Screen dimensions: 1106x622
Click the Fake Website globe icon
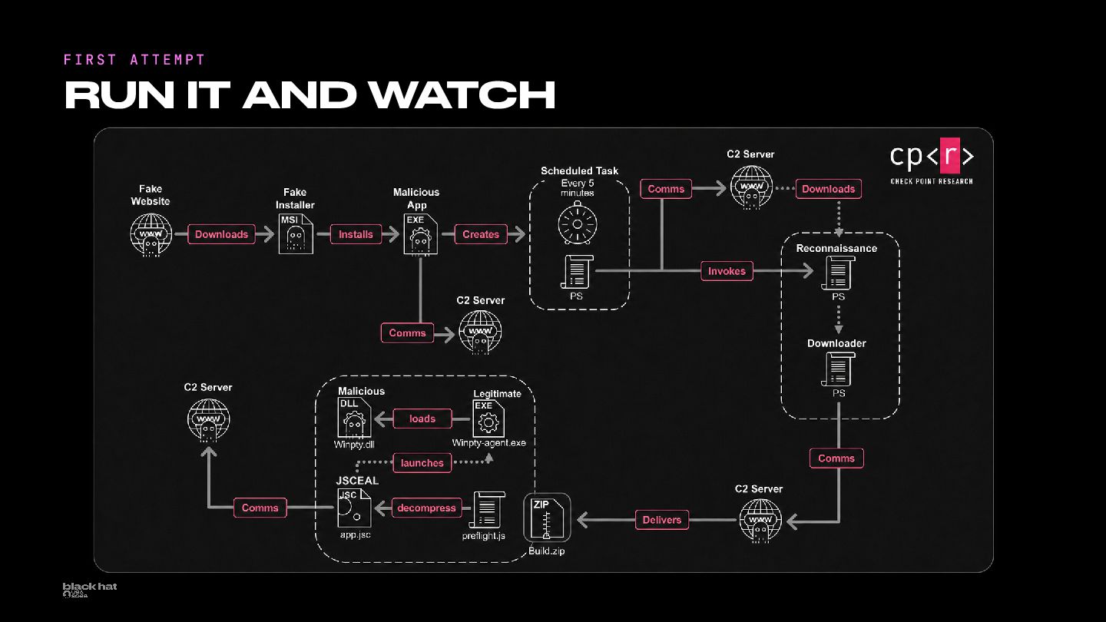(x=151, y=235)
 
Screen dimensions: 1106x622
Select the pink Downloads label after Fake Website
(x=222, y=234)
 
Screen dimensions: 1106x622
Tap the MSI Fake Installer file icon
(x=296, y=234)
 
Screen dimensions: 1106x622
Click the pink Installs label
(x=356, y=234)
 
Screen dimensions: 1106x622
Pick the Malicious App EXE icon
(x=421, y=234)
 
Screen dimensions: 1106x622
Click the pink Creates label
(x=481, y=234)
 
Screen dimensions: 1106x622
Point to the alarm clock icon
(x=578, y=223)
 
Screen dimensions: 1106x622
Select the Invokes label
(x=727, y=271)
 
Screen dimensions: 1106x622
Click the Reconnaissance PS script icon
(x=838, y=273)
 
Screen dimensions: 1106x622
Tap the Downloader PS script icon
(x=838, y=369)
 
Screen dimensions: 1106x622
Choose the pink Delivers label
(x=661, y=520)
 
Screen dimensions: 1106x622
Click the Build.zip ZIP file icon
(x=547, y=518)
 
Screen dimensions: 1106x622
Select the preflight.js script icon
(x=487, y=510)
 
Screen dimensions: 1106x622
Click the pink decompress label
(x=426, y=508)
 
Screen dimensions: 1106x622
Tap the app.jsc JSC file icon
(x=354, y=508)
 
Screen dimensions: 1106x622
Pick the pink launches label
(x=422, y=463)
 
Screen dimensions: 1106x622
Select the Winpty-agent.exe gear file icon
(x=488, y=419)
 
